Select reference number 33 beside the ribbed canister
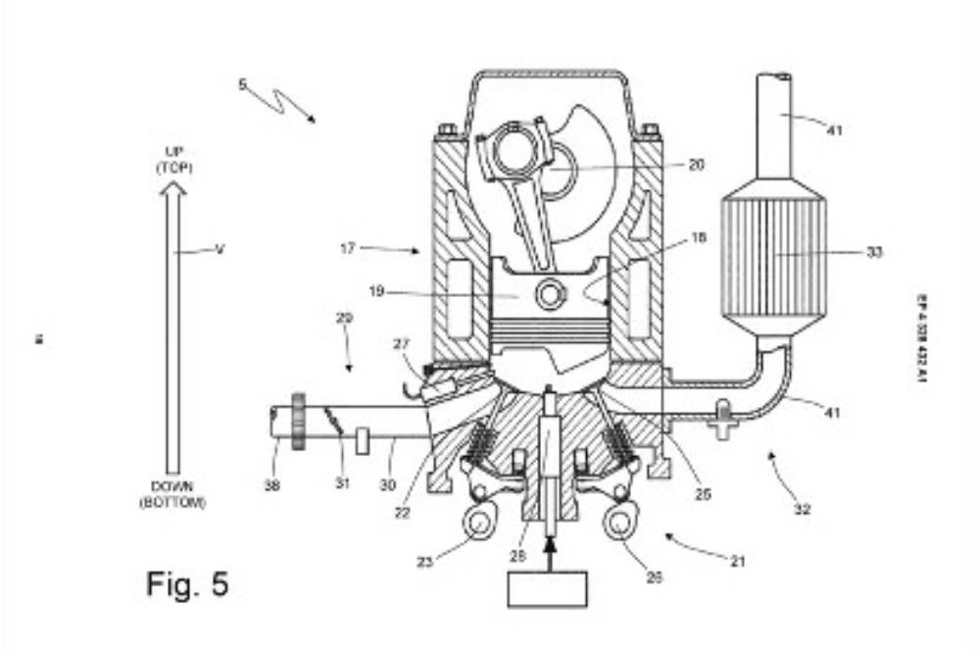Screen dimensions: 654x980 point(874,252)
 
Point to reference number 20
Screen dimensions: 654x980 point(696,165)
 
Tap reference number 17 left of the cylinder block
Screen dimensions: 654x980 point(348,248)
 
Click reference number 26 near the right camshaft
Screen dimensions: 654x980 point(655,578)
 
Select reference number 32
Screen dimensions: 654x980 point(802,510)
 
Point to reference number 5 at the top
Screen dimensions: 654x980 point(242,84)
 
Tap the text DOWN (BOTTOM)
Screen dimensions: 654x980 point(172,494)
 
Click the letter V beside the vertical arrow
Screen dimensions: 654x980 point(220,249)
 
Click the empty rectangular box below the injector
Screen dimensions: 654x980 point(547,588)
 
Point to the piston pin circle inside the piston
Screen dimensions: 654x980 point(551,292)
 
